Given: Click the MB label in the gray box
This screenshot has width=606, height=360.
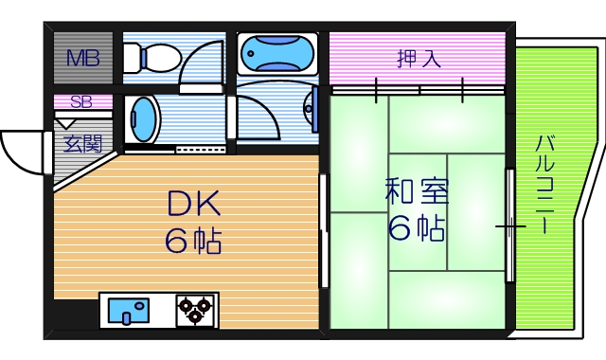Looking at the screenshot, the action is click(x=82, y=59).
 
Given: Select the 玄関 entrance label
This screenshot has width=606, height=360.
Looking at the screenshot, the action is click(x=82, y=144).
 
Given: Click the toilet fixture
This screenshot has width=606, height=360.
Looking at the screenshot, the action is click(x=147, y=60).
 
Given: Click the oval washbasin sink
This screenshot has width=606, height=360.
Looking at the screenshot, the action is click(x=143, y=119).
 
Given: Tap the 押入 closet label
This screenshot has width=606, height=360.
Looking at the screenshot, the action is click(x=418, y=59).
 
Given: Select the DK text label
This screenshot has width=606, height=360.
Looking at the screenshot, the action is click(x=194, y=203).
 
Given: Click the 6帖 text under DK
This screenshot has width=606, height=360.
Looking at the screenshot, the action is click(x=194, y=241).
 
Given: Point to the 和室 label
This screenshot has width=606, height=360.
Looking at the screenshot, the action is click(x=417, y=191).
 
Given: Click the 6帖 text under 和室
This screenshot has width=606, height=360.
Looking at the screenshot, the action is click(x=417, y=227).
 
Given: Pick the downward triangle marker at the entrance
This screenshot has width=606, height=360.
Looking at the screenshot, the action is click(x=67, y=121).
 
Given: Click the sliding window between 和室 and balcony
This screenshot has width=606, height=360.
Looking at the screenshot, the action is click(x=510, y=226).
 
